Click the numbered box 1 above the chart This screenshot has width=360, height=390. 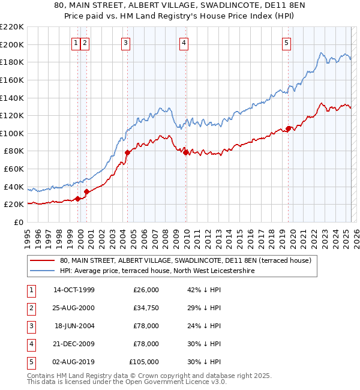[76, 43]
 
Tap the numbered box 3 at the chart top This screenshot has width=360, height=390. [125, 43]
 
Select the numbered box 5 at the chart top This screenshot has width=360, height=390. [286, 43]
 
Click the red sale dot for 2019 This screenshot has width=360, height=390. [289, 128]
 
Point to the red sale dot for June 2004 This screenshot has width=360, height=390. [127, 152]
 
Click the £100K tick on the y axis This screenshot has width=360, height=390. [13, 133]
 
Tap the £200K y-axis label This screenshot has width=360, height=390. [13, 44]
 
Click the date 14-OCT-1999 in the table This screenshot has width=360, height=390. [74, 290]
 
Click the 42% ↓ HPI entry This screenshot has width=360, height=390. [204, 290]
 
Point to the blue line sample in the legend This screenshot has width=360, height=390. [41, 271]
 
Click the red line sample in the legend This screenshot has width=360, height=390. [41, 261]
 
